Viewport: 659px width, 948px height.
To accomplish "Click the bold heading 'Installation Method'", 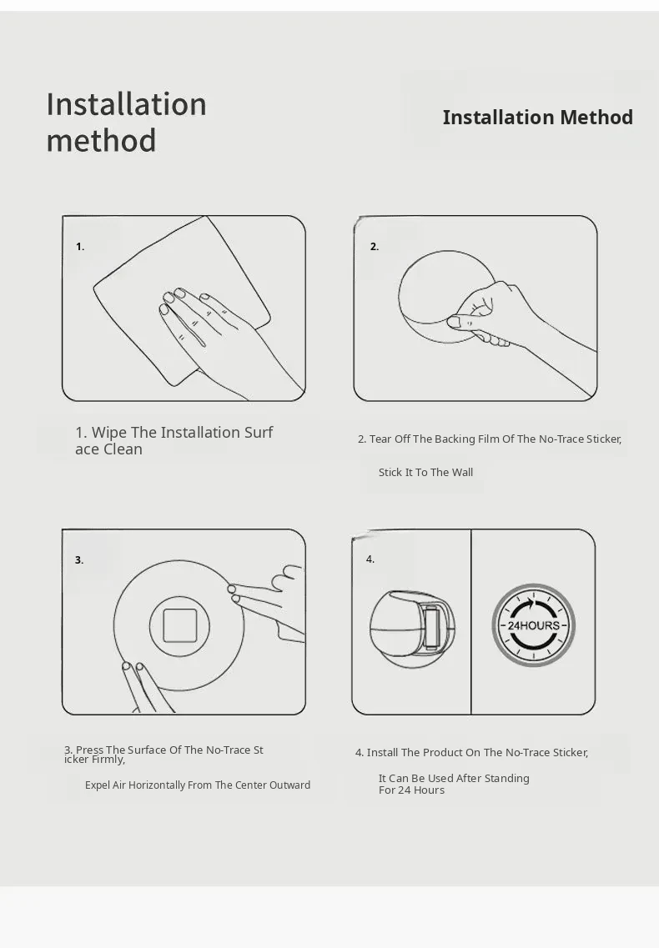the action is (537, 118).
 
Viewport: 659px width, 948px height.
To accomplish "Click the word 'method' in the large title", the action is (102, 140).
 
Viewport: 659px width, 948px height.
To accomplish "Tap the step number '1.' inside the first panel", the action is (80, 247).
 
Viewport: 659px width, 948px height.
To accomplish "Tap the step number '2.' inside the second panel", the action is (375, 247).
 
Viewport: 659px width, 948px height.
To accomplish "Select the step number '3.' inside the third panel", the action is (79, 560).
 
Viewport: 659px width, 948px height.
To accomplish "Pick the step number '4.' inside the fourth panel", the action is (370, 559).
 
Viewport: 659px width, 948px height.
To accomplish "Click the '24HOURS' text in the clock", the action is (533, 626).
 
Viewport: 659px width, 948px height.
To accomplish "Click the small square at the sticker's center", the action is (179, 626).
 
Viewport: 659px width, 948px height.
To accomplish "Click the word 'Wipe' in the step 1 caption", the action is (108, 432).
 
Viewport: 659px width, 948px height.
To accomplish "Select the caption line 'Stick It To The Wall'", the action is (426, 472).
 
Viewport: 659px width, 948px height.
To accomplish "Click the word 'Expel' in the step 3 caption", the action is (98, 785).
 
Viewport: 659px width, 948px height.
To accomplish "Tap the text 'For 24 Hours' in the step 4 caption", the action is (411, 790).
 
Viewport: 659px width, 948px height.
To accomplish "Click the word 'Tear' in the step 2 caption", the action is (380, 439).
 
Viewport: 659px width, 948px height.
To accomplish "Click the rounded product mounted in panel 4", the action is (412, 629).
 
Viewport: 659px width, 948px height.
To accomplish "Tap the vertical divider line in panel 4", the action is (470, 622).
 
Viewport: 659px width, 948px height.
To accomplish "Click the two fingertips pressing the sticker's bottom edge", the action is (133, 669).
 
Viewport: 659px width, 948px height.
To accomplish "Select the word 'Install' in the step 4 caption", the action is (382, 753).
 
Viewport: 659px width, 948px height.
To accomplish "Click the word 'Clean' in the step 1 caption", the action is (125, 449).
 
